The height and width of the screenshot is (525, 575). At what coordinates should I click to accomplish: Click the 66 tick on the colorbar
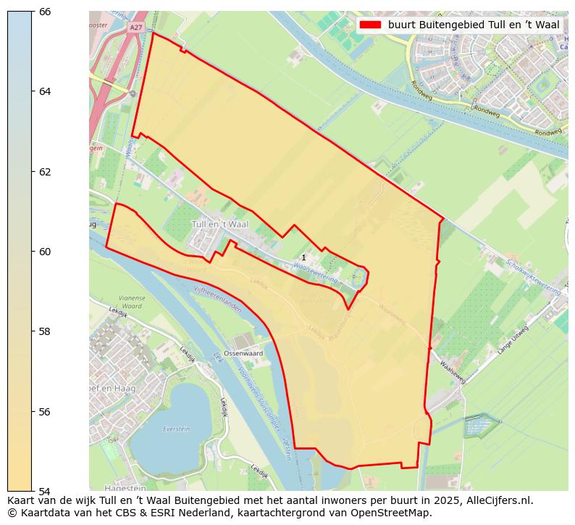(x=33, y=12)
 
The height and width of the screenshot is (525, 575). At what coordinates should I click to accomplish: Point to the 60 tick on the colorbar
(x=33, y=252)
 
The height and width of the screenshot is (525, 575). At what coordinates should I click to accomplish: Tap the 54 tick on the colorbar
(x=33, y=491)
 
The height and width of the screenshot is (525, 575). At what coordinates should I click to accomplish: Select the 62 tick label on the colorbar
(x=44, y=172)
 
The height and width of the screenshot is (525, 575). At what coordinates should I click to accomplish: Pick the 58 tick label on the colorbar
(x=44, y=331)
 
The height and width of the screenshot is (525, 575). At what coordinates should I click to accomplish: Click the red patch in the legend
(x=370, y=25)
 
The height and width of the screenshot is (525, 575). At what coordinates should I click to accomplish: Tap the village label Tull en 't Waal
(x=219, y=225)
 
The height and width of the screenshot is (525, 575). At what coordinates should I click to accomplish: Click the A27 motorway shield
(x=135, y=28)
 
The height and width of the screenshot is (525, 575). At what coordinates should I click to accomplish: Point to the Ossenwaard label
(x=243, y=353)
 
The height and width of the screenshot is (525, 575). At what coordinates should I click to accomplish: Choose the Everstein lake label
(x=176, y=429)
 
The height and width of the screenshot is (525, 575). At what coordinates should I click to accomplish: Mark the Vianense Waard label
(x=132, y=302)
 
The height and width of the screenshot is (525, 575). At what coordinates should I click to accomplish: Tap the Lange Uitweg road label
(x=513, y=340)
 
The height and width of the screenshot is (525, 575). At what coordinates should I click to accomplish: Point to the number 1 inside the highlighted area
(x=303, y=257)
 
